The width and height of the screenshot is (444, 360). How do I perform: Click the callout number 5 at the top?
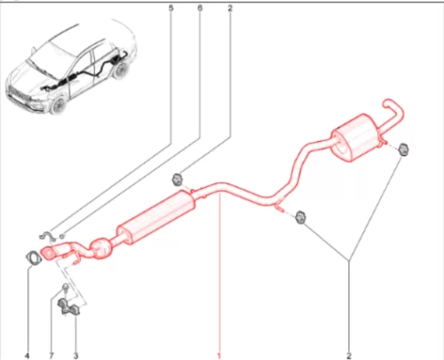(x=171, y=8)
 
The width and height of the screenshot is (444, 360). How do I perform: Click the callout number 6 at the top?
(x=200, y=8)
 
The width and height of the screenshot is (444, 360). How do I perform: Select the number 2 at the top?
(x=230, y=8)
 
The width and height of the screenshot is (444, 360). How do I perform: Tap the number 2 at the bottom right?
(x=349, y=355)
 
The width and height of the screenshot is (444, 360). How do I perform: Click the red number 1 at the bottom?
(x=218, y=355)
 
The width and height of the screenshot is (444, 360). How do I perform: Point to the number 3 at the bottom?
(x=75, y=355)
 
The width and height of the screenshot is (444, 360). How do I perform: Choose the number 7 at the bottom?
(x=52, y=355)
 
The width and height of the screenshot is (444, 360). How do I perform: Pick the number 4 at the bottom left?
(x=27, y=355)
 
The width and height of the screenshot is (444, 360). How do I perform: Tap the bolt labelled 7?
(x=65, y=288)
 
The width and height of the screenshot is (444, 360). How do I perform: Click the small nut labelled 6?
(x=62, y=236)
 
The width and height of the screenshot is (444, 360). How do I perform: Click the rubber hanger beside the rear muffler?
(x=403, y=149)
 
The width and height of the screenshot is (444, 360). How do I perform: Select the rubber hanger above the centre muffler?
(x=178, y=180)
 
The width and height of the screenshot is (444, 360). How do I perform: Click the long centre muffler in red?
(x=157, y=217)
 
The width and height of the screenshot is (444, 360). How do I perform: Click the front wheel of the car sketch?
(x=58, y=105)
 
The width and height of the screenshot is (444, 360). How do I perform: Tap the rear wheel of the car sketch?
(x=121, y=70)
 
